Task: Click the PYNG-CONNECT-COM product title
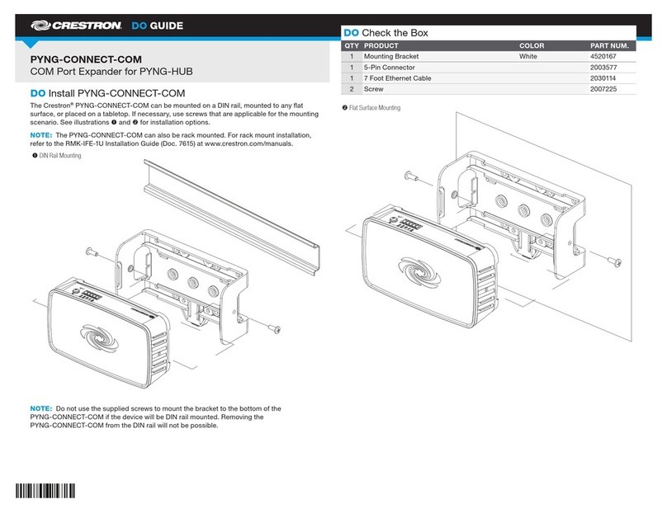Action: [86, 60]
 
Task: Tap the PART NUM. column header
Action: [609, 45]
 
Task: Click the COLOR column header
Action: [532, 45]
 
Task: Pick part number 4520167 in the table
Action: [604, 57]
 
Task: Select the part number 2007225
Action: [604, 89]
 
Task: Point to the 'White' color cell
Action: [528, 57]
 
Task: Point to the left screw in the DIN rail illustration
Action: [90, 252]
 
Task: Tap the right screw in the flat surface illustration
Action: [613, 261]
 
